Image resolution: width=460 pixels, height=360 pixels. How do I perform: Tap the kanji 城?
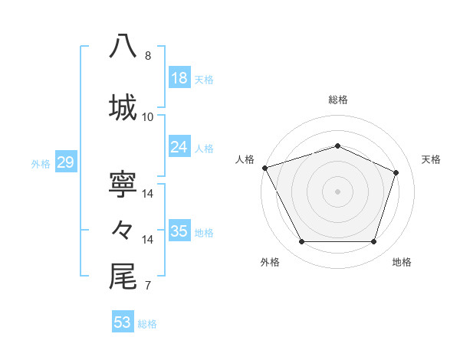point(123,106)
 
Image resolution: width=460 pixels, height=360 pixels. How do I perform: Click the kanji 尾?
point(123,277)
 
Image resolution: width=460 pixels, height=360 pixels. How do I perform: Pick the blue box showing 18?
point(179,78)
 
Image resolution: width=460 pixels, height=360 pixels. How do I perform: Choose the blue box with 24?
point(179,147)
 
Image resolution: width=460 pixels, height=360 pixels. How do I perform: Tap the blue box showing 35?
point(179,231)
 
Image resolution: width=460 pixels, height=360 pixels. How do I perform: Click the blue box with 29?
point(65,162)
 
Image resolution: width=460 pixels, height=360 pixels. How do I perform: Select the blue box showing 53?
point(123,322)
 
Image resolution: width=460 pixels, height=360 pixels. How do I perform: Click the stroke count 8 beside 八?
point(147,56)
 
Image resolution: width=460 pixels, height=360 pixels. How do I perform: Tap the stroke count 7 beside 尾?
point(147,286)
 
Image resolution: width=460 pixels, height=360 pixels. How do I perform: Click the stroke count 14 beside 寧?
point(148,194)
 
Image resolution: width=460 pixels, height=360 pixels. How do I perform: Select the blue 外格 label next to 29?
point(41,163)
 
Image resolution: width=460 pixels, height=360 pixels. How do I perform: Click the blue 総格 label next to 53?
point(147,323)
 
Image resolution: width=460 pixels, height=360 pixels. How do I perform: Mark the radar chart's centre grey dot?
point(337,191)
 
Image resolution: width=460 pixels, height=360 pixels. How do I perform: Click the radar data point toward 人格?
point(264,168)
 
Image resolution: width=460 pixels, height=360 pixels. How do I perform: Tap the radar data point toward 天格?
point(396,172)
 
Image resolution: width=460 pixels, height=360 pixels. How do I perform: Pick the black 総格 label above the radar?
point(337,100)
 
